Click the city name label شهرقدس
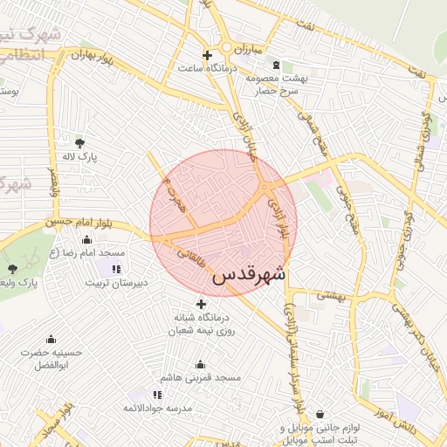point(249,273)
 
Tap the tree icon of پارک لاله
point(80,142)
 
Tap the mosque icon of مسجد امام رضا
point(117,251)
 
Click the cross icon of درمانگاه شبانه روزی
point(202,304)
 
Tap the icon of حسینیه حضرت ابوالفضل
point(51,340)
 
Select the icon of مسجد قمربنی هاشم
point(202,365)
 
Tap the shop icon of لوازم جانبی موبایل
point(320,414)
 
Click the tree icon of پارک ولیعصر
point(12,269)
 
